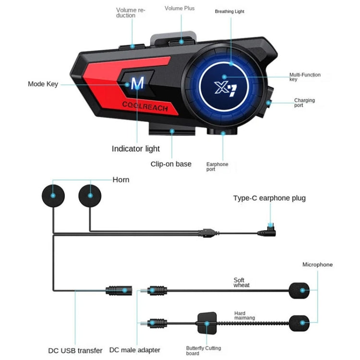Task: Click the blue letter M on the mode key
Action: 137,84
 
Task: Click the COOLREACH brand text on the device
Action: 145,107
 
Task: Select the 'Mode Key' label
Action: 43,84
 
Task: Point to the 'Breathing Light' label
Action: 229,11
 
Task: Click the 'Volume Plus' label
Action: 180,8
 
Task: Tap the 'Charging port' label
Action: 304,103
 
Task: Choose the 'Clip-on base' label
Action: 171,164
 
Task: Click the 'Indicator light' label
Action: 136,149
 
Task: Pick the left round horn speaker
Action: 53,194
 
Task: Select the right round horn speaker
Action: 90,194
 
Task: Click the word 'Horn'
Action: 121,180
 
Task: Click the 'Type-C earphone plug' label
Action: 269,198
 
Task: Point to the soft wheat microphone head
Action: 299,290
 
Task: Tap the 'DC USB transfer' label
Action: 75,350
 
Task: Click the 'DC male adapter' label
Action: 135,350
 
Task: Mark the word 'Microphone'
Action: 317,264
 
